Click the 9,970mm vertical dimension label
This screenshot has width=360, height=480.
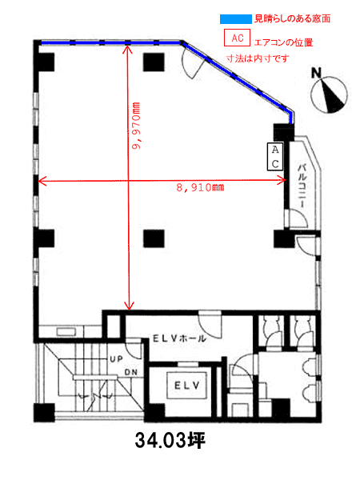click(x=136, y=126)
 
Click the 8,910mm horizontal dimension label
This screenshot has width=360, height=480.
click(x=200, y=187)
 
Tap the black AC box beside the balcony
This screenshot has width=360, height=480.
click(x=275, y=157)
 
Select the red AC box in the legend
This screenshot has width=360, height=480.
click(x=237, y=38)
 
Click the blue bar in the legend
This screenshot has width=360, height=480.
click(x=236, y=19)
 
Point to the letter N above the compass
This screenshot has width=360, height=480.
click(x=316, y=73)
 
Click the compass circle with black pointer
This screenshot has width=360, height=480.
click(x=329, y=94)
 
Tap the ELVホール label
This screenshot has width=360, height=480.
click(x=179, y=338)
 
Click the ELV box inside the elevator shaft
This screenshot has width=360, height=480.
click(x=186, y=385)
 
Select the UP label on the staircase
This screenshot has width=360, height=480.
click(x=116, y=358)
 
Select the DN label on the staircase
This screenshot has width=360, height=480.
click(x=131, y=373)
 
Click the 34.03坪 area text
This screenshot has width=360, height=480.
click(x=170, y=441)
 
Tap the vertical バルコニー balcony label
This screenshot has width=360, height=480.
click(x=302, y=186)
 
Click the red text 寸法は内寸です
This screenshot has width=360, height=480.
click(x=258, y=58)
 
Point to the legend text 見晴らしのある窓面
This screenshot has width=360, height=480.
click(x=292, y=19)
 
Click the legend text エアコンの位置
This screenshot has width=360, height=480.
click(x=283, y=42)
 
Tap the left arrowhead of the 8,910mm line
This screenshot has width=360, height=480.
click(x=42, y=181)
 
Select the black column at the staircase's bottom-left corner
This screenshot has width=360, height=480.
click(x=44, y=413)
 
